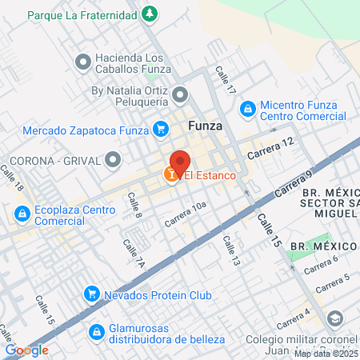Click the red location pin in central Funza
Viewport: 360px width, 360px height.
[x=179, y=162]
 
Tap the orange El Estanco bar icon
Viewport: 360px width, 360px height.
[x=171, y=174]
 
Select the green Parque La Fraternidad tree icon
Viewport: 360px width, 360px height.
[x=149, y=14]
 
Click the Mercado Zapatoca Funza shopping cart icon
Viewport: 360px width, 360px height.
[x=160, y=129]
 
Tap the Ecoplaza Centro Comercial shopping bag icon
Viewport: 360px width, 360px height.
[x=21, y=214]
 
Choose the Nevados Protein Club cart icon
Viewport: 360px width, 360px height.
[x=93, y=295]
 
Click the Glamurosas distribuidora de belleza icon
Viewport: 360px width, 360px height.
[x=96, y=330]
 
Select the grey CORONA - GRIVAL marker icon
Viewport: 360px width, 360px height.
[x=109, y=160]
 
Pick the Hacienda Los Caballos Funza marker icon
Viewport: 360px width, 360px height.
[x=82, y=62]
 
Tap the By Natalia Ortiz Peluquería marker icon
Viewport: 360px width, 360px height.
[x=181, y=97]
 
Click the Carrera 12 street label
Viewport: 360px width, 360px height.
[x=271, y=146]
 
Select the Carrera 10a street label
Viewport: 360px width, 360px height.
[x=186, y=211]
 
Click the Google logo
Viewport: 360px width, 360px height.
[x=27, y=350]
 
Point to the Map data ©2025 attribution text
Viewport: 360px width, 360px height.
[x=325, y=353]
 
